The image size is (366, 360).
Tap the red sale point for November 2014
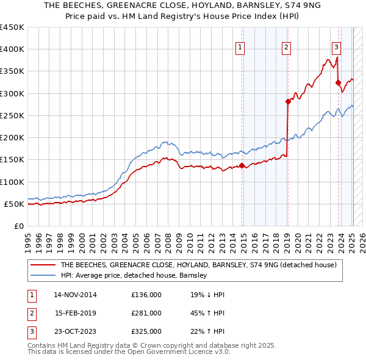(242, 165)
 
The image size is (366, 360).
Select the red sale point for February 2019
(287, 102)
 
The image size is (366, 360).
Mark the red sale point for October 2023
(338, 82)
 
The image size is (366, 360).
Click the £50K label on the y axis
(15, 204)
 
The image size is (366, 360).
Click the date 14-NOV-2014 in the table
(76, 295)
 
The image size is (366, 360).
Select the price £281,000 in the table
(146, 313)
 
